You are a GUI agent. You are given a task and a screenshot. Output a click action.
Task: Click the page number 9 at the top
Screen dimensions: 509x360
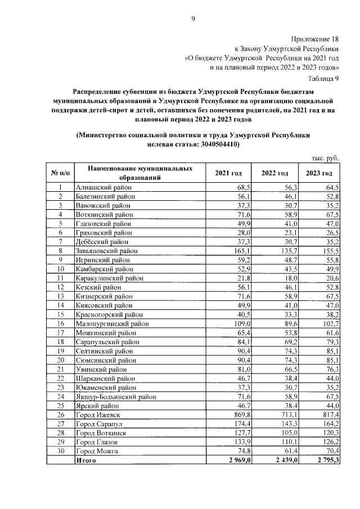point(193,19)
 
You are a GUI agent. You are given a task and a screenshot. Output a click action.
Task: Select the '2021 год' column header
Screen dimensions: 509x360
point(228,173)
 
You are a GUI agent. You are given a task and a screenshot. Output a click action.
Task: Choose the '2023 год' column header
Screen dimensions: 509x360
point(319,173)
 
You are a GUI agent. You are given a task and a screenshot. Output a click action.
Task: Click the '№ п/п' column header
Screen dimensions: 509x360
point(60,173)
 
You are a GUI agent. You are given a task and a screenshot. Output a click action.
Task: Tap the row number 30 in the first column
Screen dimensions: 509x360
point(60,452)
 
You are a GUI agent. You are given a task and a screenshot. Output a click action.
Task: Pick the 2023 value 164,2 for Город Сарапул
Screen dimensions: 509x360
point(330,424)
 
